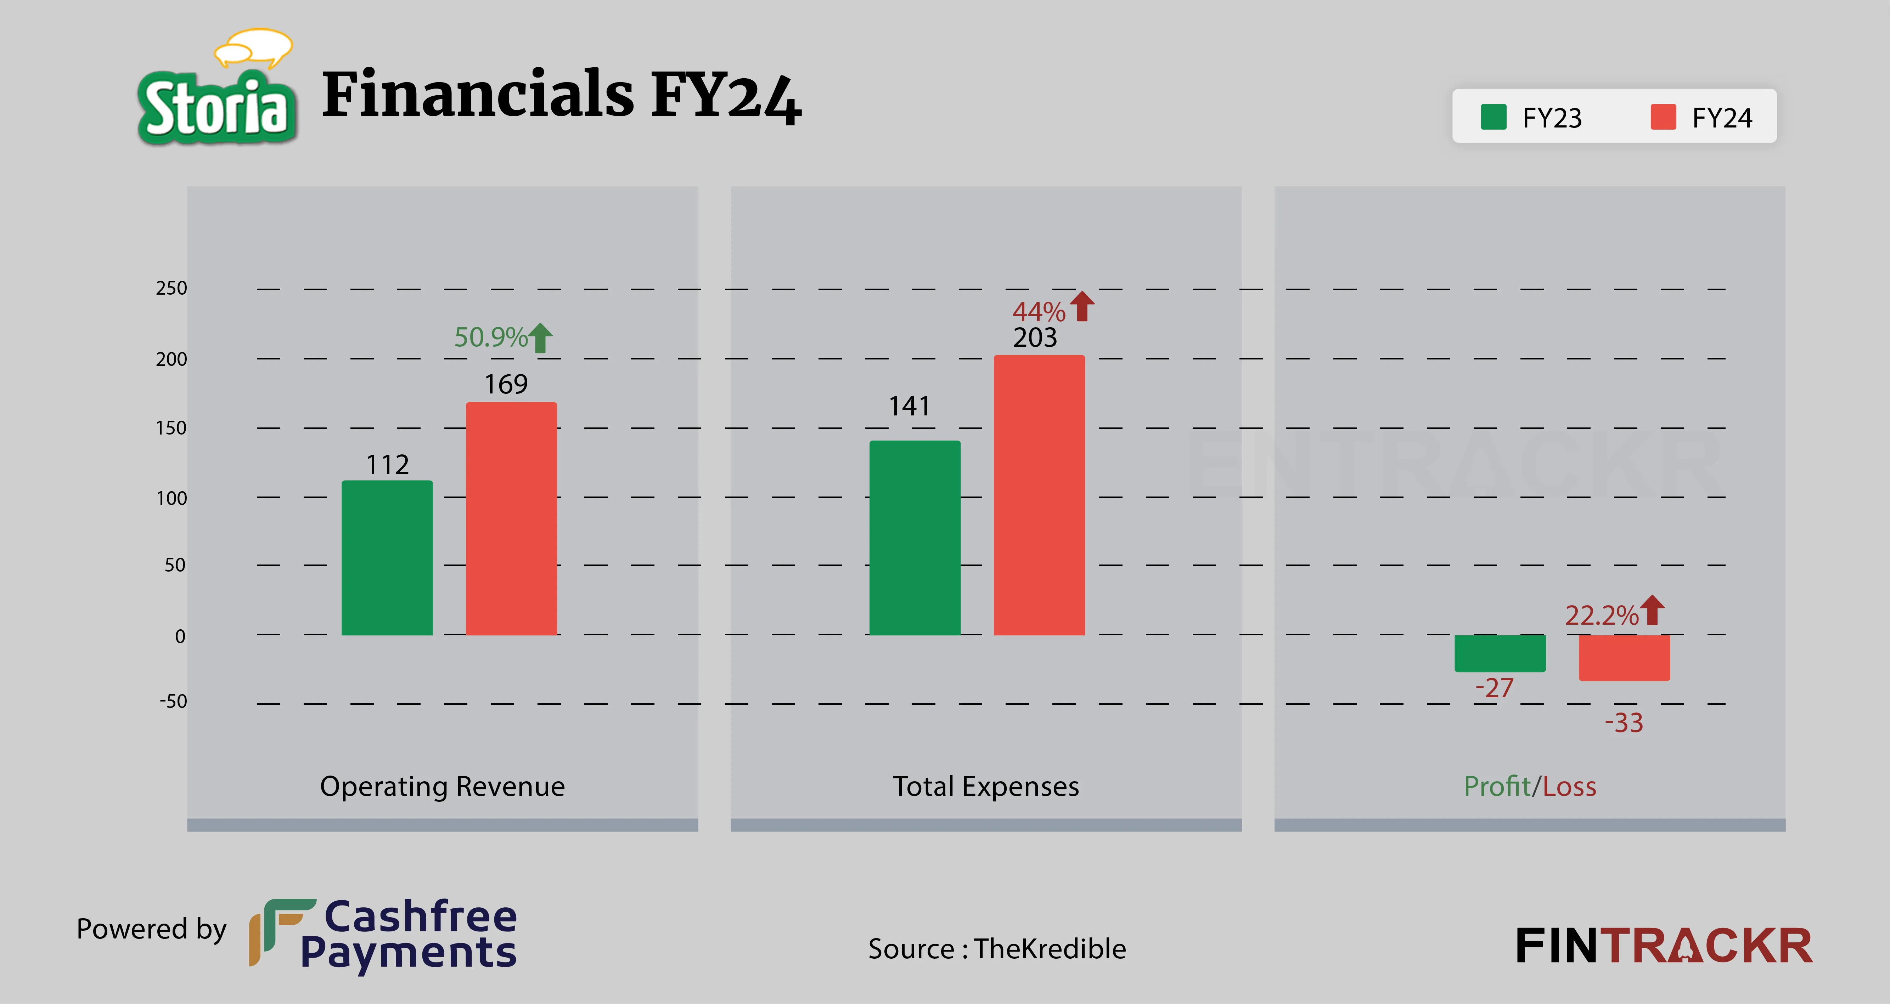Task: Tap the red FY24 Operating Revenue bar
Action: click(x=511, y=518)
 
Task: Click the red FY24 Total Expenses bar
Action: click(x=1039, y=495)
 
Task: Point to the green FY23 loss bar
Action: click(x=1500, y=653)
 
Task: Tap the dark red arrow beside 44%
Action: click(x=1081, y=307)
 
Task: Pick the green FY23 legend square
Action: click(x=1493, y=117)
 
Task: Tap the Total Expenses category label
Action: click(x=985, y=786)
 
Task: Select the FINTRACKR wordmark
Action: click(x=1663, y=946)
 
